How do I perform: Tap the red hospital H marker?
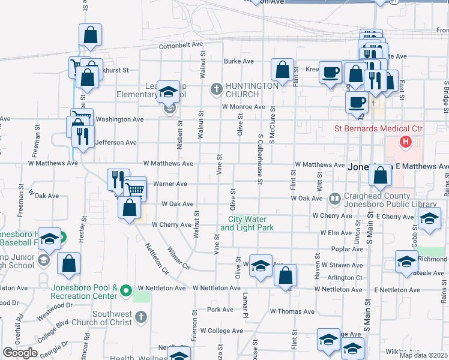[x=405, y=142]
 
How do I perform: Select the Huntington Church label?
[x=252, y=90]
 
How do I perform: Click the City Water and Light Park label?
[x=247, y=224]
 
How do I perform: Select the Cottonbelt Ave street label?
[x=181, y=45]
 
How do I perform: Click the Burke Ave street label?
[x=237, y=61]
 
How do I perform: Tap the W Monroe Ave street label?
[x=243, y=107]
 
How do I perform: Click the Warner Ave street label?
[x=171, y=184]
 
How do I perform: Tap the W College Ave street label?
[x=221, y=331]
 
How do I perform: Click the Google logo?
[x=20, y=353]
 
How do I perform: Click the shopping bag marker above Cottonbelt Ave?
[x=90, y=36]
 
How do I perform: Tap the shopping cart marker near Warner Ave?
[x=135, y=190]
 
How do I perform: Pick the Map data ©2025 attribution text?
[x=423, y=355]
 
